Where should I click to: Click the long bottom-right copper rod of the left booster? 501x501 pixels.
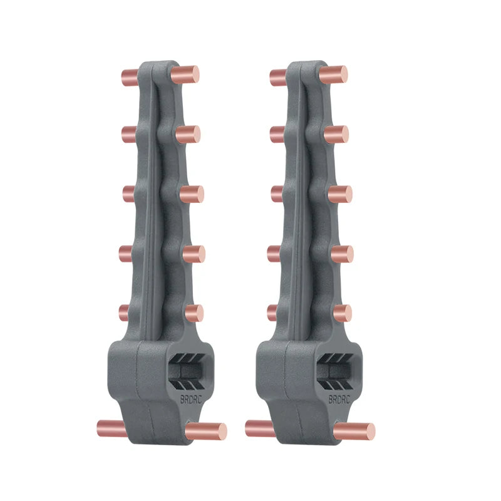pyautogui.click(x=207, y=431)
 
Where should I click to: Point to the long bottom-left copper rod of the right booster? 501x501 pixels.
pyautogui.click(x=259, y=428)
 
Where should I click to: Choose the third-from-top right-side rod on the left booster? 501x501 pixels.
pyautogui.click(x=191, y=194)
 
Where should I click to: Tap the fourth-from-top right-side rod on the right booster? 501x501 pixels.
pyautogui.click(x=341, y=254)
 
